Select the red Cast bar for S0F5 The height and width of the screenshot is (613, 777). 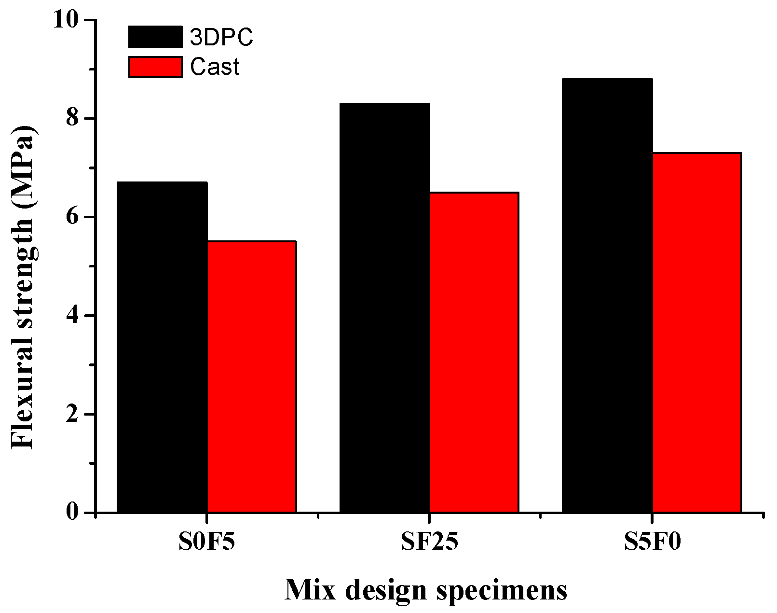click(x=252, y=376)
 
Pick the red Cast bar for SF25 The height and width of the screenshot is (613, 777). click(x=474, y=352)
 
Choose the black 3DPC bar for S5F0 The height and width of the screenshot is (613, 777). click(x=607, y=295)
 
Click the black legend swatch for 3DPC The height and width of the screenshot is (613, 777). click(x=155, y=37)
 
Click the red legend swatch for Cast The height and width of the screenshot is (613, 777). click(x=155, y=67)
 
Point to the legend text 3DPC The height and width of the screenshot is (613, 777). click(x=221, y=38)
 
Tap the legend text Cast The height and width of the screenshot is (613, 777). click(x=215, y=68)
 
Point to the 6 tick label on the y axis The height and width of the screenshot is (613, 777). click(x=73, y=217)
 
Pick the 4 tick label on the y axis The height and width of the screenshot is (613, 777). click(x=73, y=316)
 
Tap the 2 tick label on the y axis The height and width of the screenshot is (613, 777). click(x=73, y=414)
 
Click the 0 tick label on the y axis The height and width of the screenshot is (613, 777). click(x=73, y=512)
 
